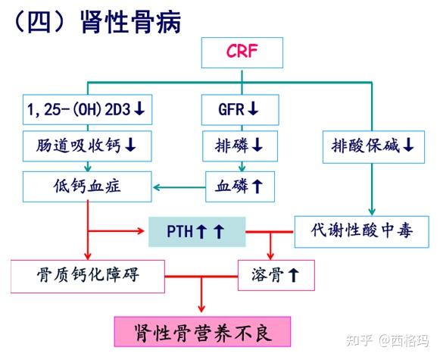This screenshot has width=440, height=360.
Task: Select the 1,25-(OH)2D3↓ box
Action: [x=86, y=111]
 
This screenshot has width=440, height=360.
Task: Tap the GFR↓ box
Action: [x=239, y=111]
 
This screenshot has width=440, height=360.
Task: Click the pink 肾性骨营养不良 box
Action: [x=202, y=333]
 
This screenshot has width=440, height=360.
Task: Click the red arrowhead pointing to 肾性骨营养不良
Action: [x=201, y=308]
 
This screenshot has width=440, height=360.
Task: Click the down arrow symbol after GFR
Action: [x=254, y=111]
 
